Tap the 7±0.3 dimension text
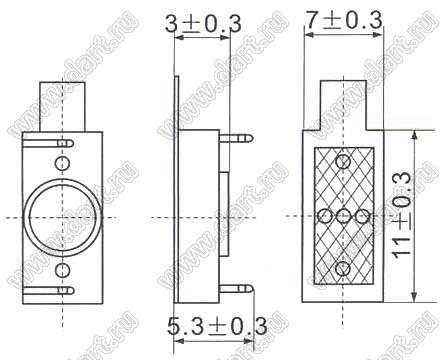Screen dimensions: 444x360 344,20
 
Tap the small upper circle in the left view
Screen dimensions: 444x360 62,163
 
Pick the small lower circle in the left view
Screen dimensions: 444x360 62,270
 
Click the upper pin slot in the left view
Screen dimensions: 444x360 48,144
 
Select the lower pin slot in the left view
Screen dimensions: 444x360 48,290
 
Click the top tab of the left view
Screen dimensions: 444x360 62,107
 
